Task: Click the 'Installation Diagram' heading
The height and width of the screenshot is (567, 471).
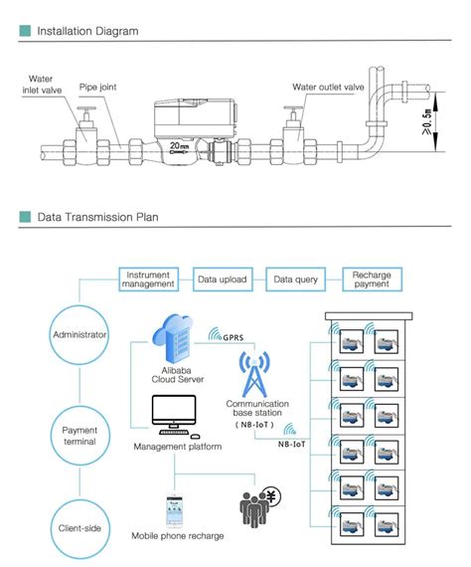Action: click(x=87, y=31)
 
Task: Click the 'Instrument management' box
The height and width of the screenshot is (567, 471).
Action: click(x=148, y=280)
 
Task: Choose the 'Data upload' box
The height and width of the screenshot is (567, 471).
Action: click(x=222, y=280)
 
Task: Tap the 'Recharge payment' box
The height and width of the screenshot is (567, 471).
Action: click(x=373, y=280)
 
